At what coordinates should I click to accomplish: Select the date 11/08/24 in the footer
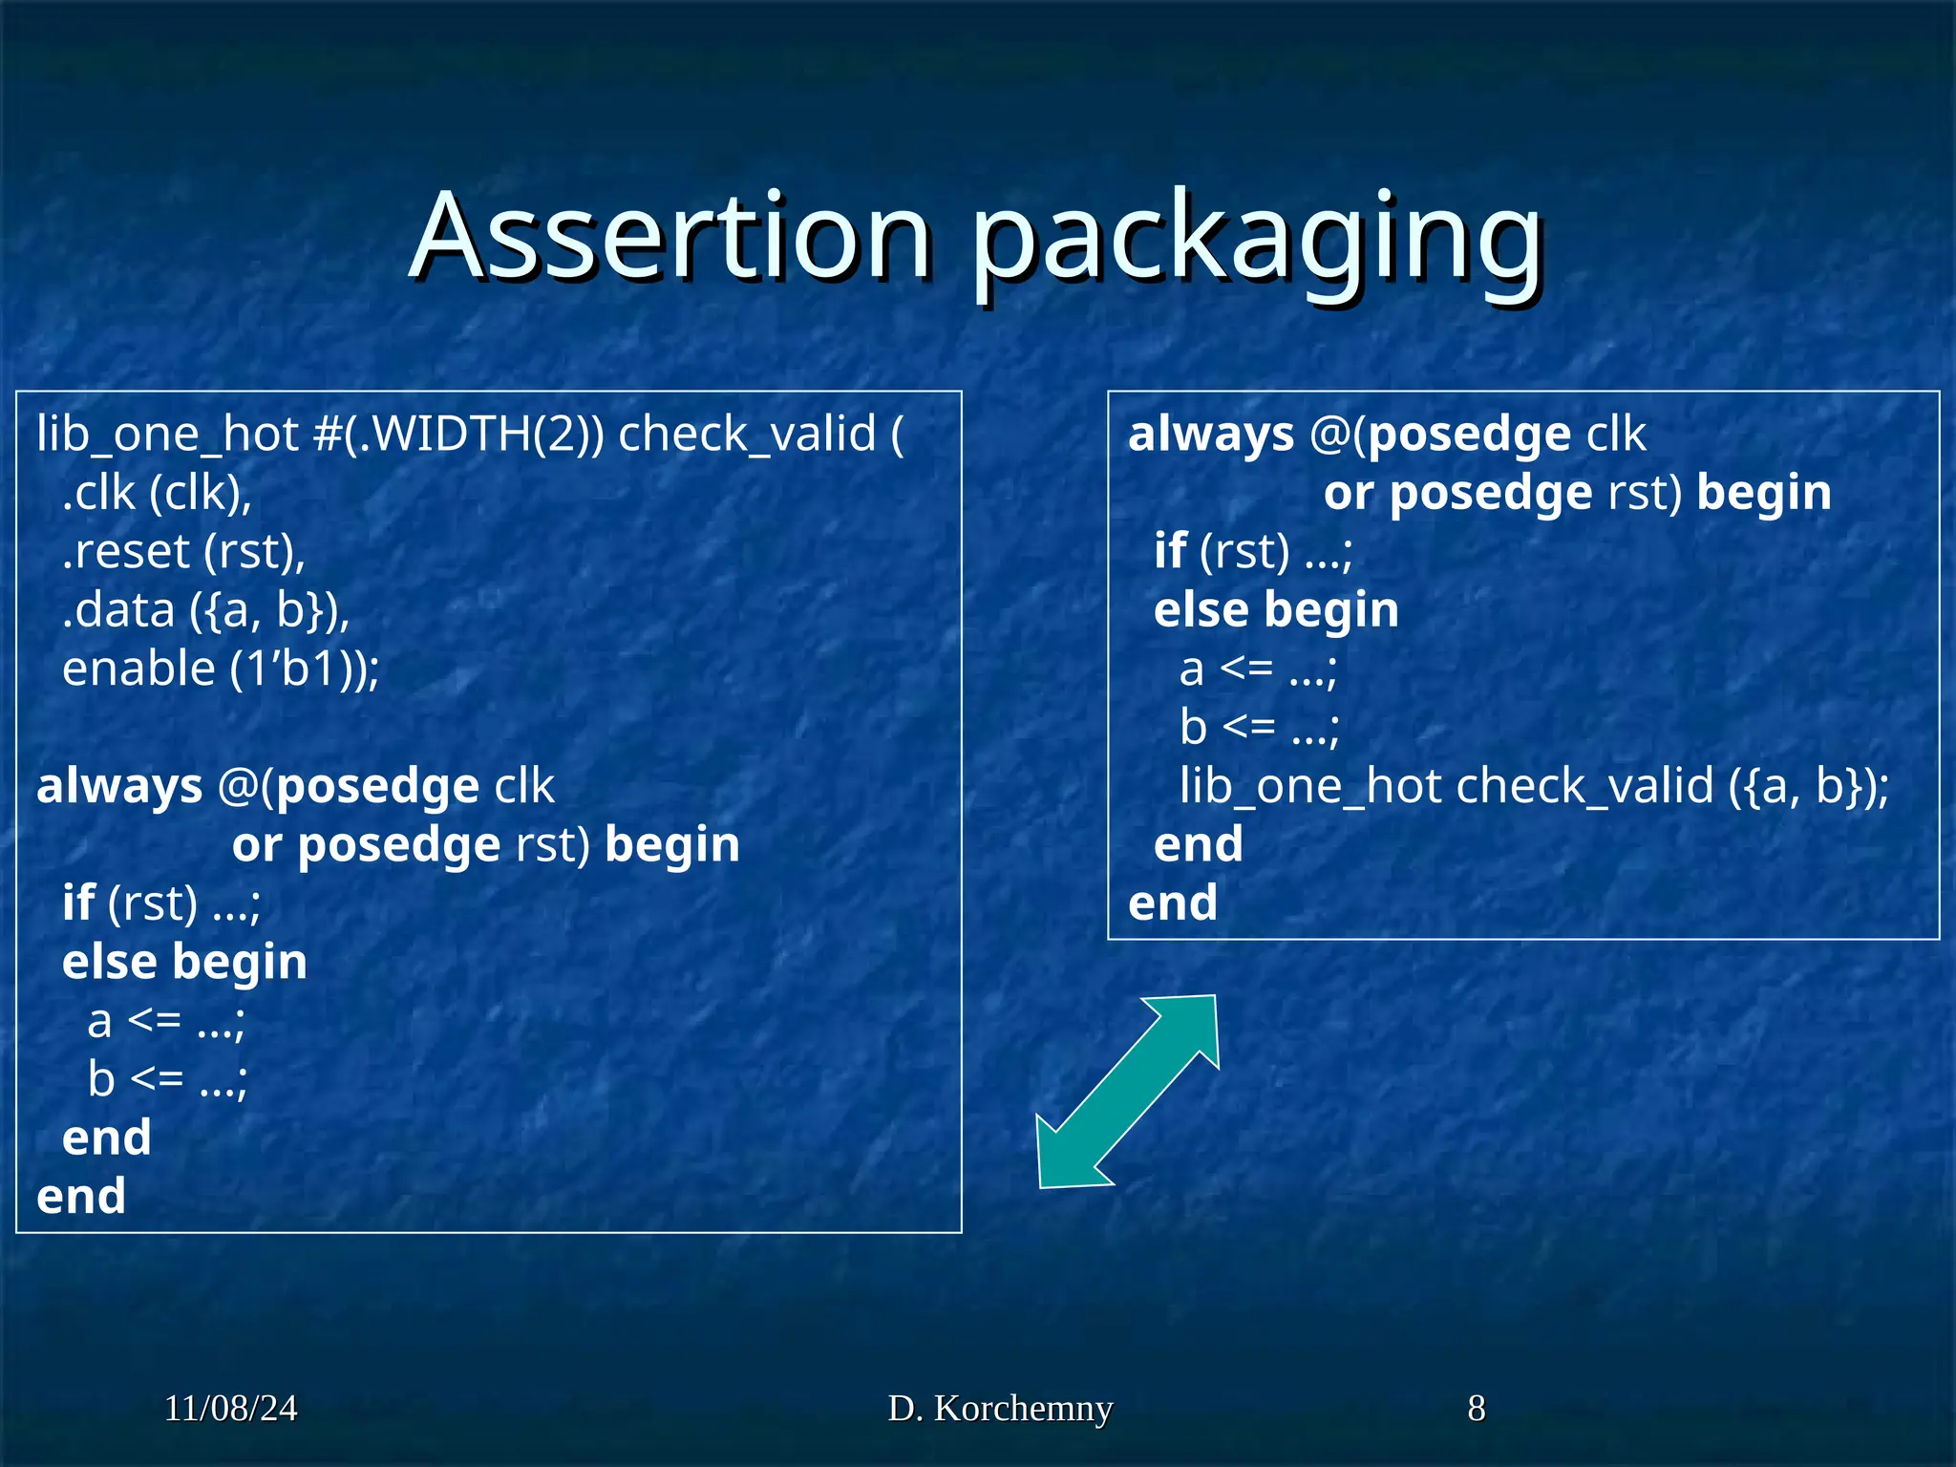[x=230, y=1409]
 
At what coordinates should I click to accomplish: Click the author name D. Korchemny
[x=1000, y=1409]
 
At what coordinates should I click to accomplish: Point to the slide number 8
[x=1476, y=1409]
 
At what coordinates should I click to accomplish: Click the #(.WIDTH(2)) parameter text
[x=458, y=435]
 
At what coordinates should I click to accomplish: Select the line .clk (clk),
[x=157, y=494]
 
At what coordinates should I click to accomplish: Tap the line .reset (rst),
[x=183, y=552]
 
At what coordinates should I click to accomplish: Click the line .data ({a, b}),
[x=205, y=611]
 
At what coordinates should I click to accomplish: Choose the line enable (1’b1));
[x=221, y=670]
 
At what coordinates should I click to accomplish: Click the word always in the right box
[x=1210, y=435]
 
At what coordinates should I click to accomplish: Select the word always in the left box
[x=119, y=787]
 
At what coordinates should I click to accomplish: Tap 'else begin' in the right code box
[x=1276, y=610]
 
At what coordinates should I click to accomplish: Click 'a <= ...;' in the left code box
[x=166, y=1022]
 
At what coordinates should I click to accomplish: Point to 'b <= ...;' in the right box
[x=1259, y=728]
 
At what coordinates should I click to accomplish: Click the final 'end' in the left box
[x=81, y=1197]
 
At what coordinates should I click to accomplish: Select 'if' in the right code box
[x=1169, y=552]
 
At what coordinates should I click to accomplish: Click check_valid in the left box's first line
[x=747, y=435]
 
